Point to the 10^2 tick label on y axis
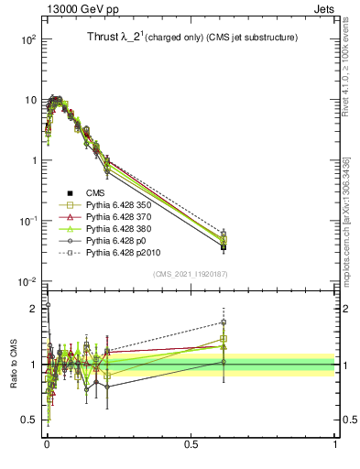point(27,39)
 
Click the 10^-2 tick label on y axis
point(27,281)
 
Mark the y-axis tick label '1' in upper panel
point(33,160)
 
